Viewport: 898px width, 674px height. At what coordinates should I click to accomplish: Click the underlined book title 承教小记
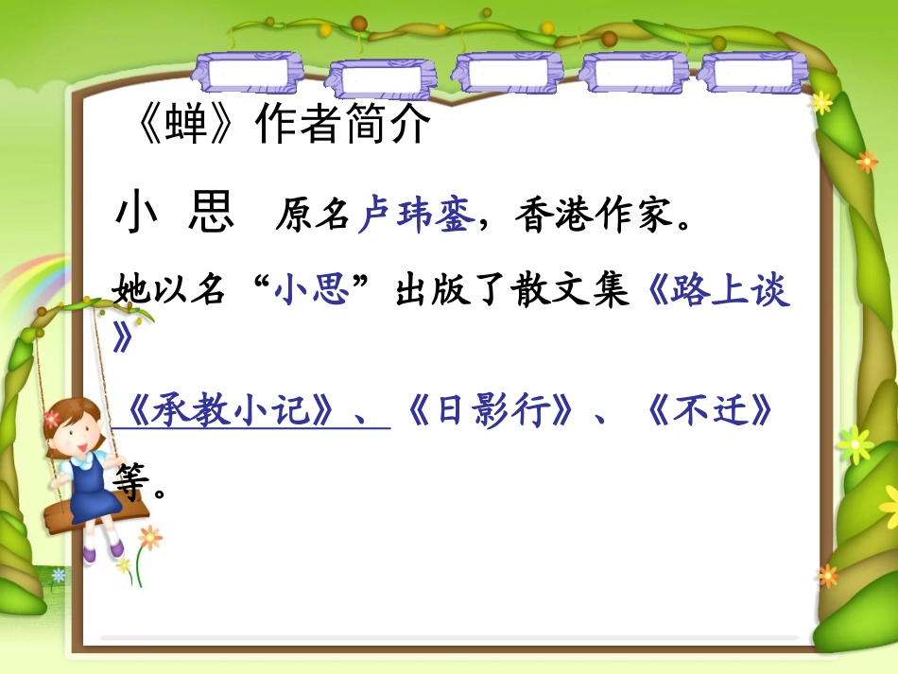tap(232, 412)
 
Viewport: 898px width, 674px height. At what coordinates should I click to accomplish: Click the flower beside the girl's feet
tap(149, 538)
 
